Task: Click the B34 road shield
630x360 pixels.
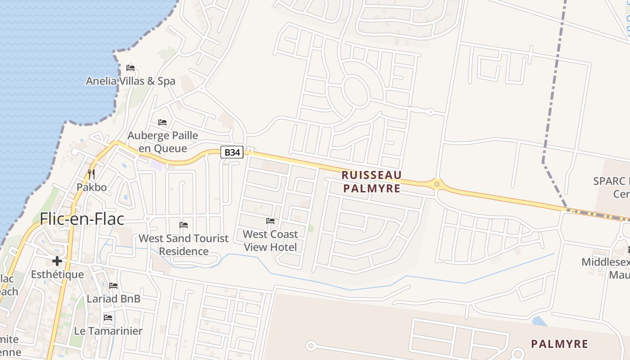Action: tap(232, 153)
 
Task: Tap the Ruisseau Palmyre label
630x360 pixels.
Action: tap(372, 181)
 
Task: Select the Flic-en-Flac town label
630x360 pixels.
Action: tap(82, 219)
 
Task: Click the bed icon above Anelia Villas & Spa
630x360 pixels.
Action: tap(130, 68)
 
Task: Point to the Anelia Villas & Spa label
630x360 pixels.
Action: tap(130, 81)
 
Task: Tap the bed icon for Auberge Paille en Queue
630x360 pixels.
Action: tap(162, 122)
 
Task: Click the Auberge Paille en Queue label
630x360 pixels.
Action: tap(163, 142)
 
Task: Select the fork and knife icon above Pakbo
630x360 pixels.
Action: tap(91, 174)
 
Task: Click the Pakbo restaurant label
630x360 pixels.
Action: tap(92, 187)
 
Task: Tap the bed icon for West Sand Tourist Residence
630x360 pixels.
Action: tap(184, 225)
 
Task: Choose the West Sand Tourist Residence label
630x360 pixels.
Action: tap(184, 244)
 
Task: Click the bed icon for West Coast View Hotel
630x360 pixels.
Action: tap(270, 221)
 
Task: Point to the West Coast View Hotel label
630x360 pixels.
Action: tap(270, 240)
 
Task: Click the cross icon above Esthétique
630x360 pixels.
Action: tap(57, 261)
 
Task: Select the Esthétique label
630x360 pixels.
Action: tap(57, 274)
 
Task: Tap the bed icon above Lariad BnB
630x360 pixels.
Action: tap(113, 286)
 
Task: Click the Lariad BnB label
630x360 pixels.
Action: tap(113, 299)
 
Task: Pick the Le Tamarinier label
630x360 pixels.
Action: tap(108, 331)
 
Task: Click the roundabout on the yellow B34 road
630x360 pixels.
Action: tap(436, 184)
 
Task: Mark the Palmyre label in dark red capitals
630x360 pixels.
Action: tap(559, 344)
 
